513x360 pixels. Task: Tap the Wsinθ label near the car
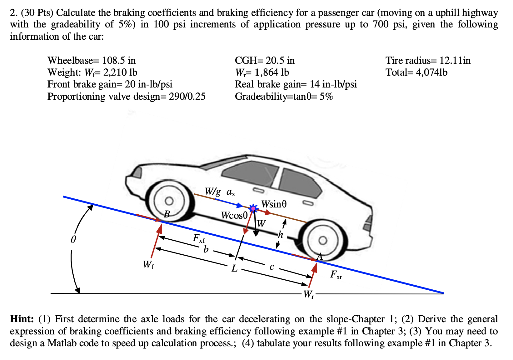point(276,204)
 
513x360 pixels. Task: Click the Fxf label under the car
point(199,238)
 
